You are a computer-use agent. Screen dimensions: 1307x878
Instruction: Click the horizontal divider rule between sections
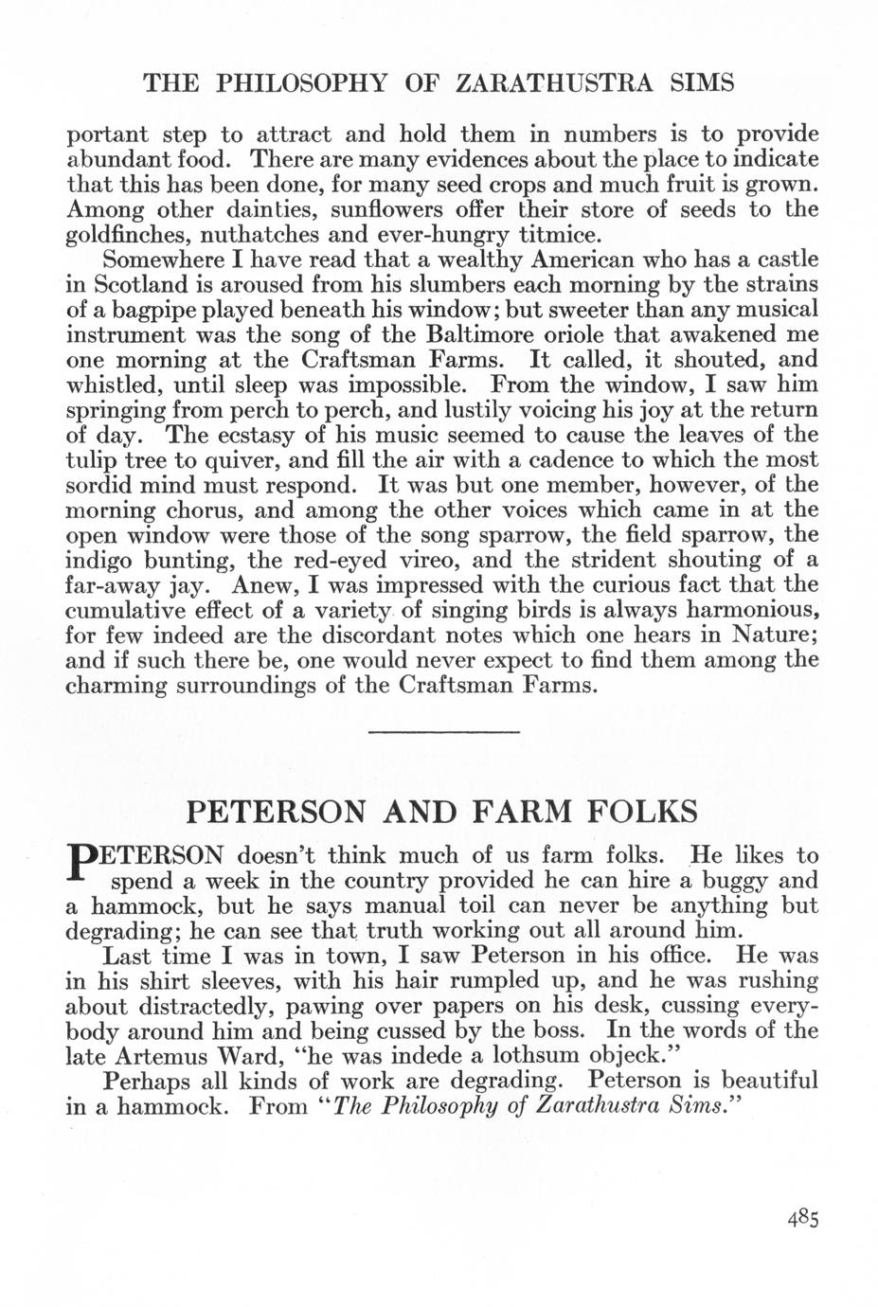tap(443, 732)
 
